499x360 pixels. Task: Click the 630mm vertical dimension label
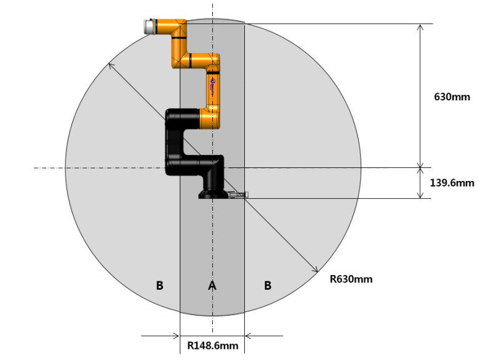click(x=452, y=97)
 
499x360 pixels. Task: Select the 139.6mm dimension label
click(x=452, y=183)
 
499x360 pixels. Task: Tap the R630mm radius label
click(x=351, y=279)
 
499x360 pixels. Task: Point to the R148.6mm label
click(x=213, y=346)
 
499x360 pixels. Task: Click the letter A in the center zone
click(x=212, y=286)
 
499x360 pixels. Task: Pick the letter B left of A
click(x=160, y=286)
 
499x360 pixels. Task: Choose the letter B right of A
click(x=268, y=286)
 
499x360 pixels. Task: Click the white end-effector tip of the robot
click(x=149, y=26)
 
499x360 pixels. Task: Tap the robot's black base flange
click(x=214, y=194)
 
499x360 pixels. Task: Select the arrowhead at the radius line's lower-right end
click(x=316, y=270)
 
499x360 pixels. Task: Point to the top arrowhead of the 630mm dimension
click(x=420, y=28)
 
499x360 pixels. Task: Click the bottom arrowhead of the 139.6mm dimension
click(x=420, y=194)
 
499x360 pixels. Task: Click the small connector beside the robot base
click(x=238, y=194)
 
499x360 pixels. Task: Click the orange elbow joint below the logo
click(x=210, y=118)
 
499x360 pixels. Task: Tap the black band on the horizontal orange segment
click(x=190, y=60)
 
